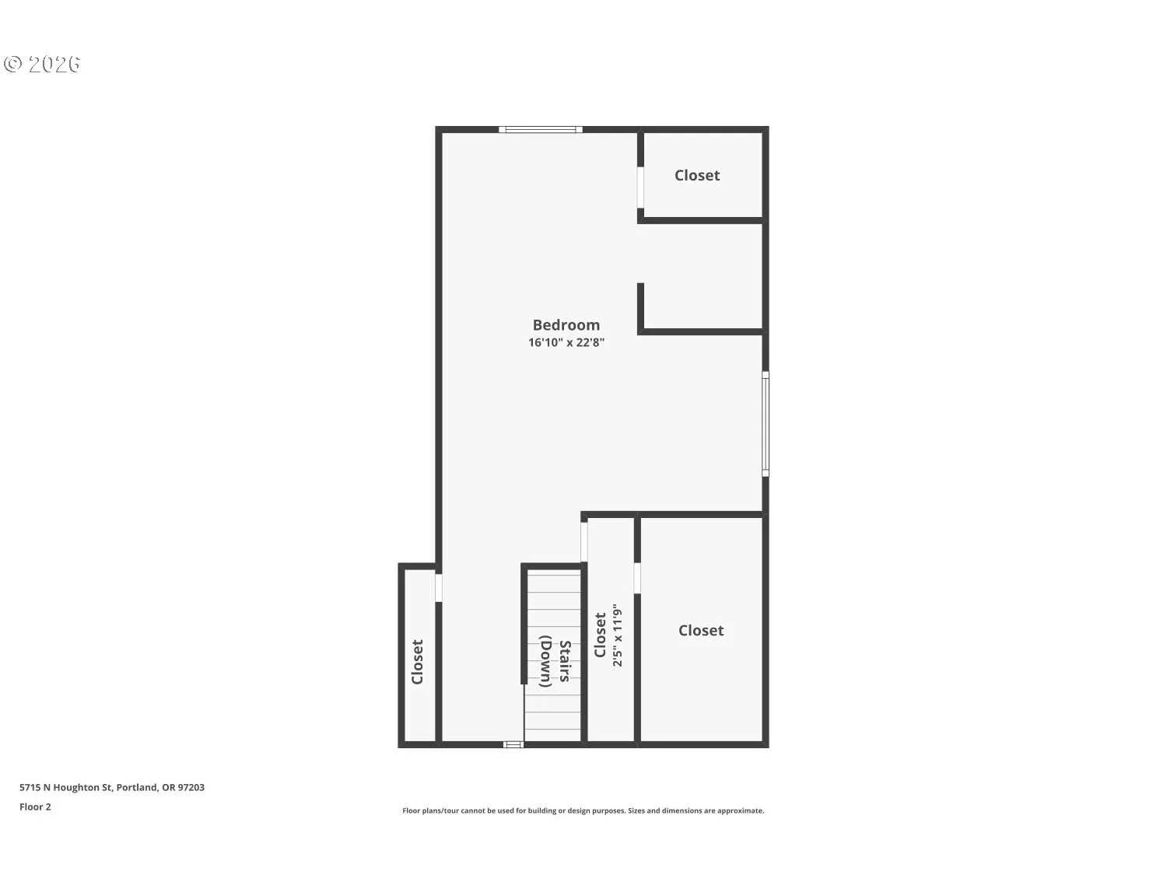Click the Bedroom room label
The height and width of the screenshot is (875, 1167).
(566, 325)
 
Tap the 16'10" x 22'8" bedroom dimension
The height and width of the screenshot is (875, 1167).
(566, 342)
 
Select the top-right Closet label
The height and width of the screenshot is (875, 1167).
(697, 176)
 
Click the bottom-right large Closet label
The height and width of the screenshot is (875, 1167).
(701, 631)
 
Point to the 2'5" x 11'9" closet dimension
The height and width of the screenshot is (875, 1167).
(618, 635)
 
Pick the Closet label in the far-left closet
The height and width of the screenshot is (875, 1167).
(418, 662)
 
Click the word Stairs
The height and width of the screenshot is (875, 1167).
(566, 661)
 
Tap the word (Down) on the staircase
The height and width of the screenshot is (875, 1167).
(546, 661)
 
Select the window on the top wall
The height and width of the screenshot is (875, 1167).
(540, 129)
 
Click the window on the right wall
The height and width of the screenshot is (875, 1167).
(766, 423)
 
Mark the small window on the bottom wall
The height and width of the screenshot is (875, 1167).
(513, 744)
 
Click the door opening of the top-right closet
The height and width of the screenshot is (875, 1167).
(641, 187)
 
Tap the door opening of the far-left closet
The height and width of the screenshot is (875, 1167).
(439, 587)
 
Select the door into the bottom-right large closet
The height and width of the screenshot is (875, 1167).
(637, 578)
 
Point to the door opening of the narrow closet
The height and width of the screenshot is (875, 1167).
(584, 542)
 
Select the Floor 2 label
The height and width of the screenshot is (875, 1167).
(35, 807)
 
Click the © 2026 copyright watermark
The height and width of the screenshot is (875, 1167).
(42, 64)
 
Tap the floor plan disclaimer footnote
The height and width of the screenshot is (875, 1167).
(583, 810)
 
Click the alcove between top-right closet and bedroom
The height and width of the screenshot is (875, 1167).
(700, 276)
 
